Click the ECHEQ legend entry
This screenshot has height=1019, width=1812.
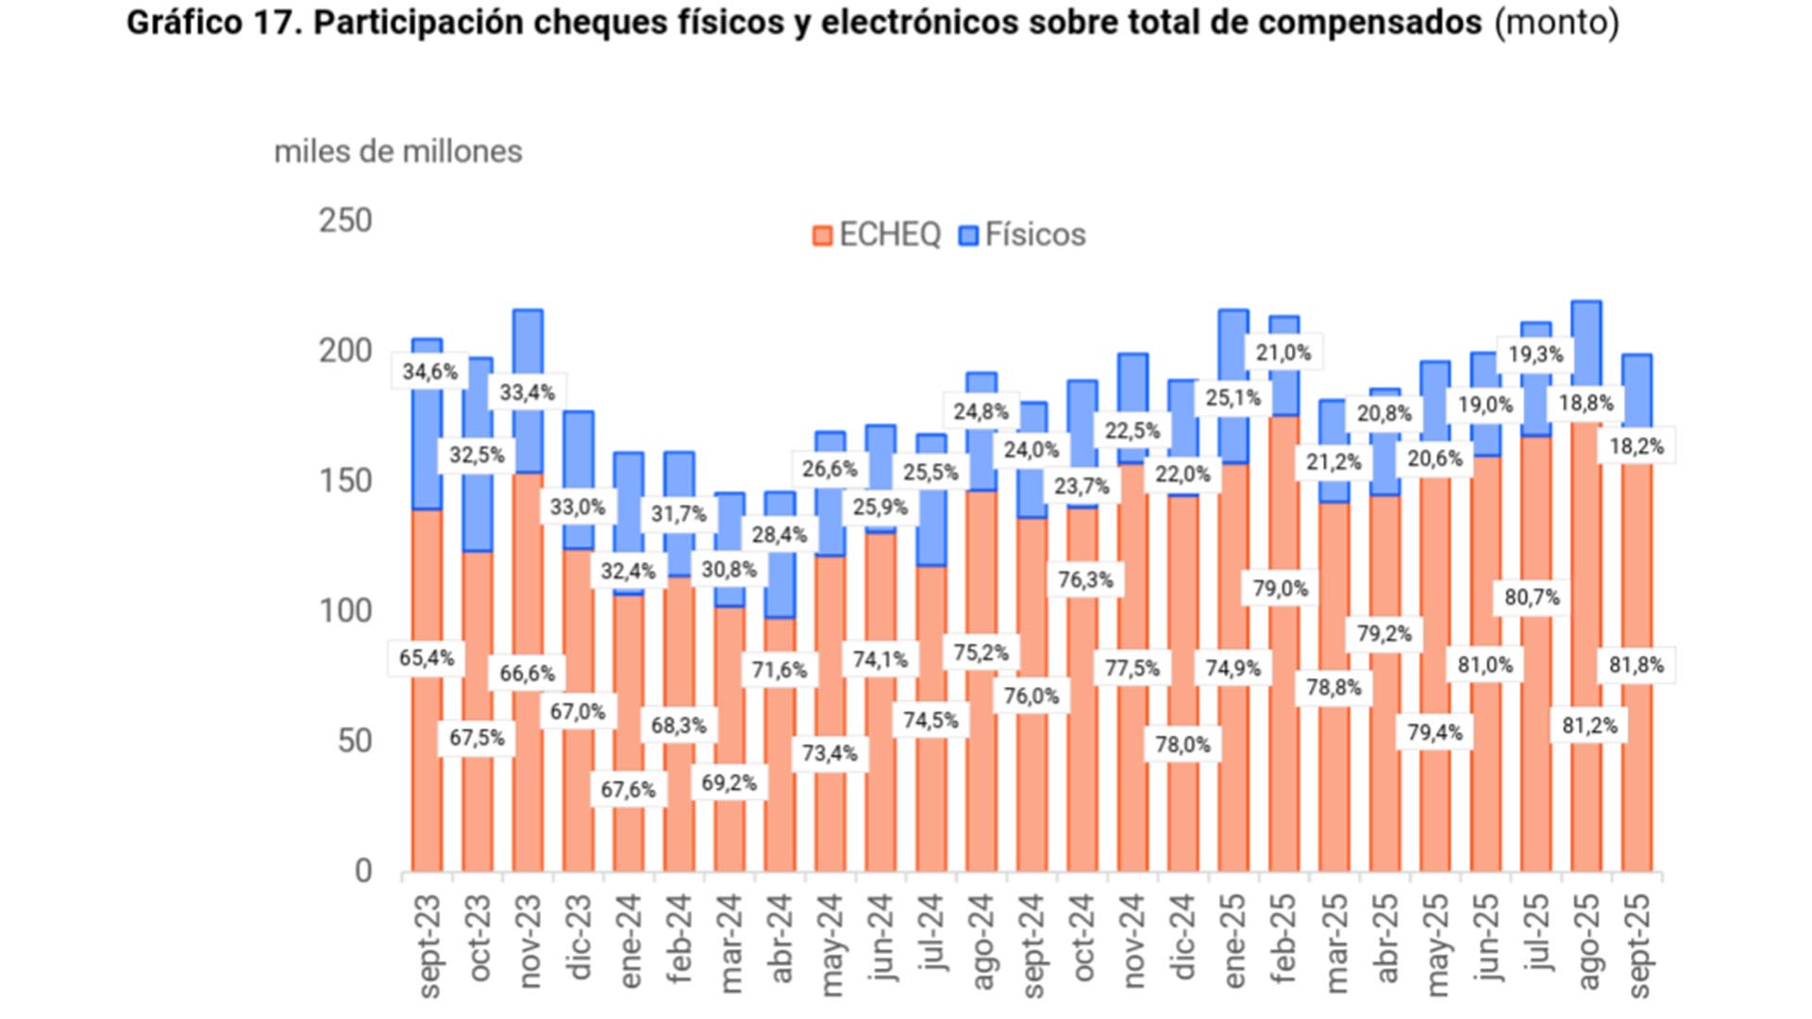(877, 235)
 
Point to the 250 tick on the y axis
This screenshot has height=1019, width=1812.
(345, 221)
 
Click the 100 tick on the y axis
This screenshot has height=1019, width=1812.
(345, 611)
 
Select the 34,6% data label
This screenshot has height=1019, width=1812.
(429, 372)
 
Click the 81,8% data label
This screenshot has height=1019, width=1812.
(1636, 665)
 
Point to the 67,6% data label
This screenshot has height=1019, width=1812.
(629, 789)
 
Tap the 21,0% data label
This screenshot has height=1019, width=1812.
(1283, 353)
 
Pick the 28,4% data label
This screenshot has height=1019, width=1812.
(780, 535)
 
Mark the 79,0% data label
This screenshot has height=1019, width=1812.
(1281, 589)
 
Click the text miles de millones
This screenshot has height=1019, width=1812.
(397, 151)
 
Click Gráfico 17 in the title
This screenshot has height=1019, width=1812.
(212, 22)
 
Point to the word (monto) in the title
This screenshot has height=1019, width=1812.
(1555, 22)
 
